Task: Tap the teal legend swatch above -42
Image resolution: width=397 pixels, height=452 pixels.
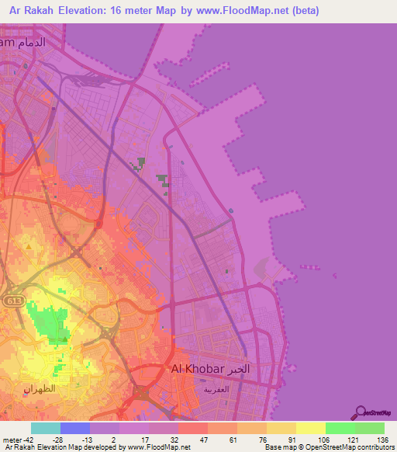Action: click(46, 428)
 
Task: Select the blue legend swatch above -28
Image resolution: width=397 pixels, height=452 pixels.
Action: click(75, 428)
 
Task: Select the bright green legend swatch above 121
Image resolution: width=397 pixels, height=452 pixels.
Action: click(340, 428)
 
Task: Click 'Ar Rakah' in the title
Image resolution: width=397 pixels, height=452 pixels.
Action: click(32, 12)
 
